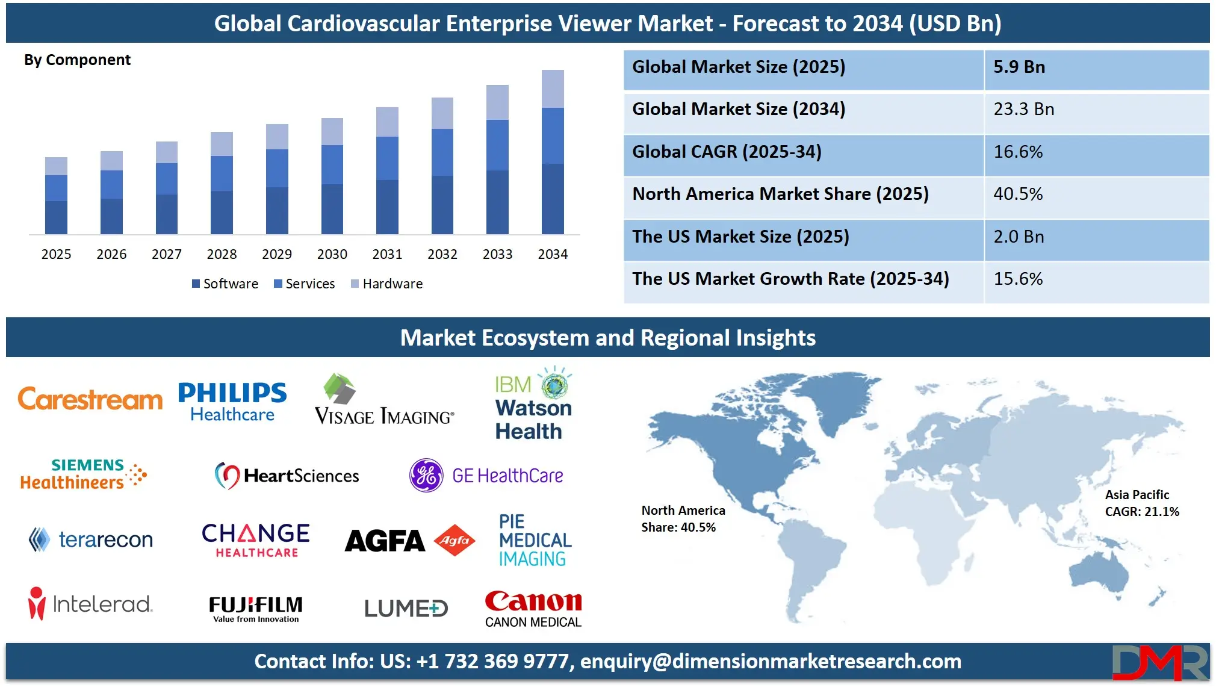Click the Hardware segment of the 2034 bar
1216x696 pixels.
point(553,89)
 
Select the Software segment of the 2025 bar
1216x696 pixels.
point(56,217)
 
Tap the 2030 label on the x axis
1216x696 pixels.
point(332,254)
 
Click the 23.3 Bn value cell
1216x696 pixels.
point(1023,109)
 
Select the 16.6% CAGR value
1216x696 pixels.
point(1018,152)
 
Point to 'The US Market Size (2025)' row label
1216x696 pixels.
point(740,237)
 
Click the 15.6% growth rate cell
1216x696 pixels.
point(1018,279)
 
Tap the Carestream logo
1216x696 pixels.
point(90,399)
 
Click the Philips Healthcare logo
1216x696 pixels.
point(232,402)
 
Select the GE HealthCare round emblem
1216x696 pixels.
point(426,475)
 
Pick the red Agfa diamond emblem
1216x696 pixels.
point(454,540)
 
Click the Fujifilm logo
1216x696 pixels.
point(256,608)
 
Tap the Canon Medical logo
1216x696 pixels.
point(533,608)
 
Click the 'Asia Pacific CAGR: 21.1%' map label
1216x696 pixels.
point(1141,503)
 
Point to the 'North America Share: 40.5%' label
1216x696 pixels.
point(683,518)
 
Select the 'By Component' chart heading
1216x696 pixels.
point(77,60)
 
